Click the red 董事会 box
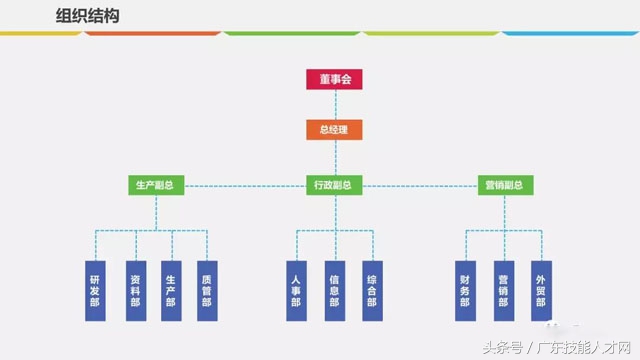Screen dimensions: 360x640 pos(334,79)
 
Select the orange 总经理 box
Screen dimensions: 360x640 pos(334,129)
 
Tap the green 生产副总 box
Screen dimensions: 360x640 pos(155,185)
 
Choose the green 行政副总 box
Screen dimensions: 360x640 pos(334,185)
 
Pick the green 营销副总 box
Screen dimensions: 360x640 pos(503,185)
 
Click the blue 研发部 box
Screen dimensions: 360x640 pos(95,291)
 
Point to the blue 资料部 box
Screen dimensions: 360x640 pos(134,291)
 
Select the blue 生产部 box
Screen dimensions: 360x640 pos(171,291)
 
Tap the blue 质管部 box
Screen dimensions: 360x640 pos(207,291)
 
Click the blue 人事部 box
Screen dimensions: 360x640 pos(296,291)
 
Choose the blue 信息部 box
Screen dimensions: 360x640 pos(334,291)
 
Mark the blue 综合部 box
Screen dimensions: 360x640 pos(370,291)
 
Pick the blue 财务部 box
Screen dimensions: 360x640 pos(465,291)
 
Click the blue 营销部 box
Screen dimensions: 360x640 pos(503,291)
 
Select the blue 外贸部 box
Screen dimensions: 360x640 pos(540,291)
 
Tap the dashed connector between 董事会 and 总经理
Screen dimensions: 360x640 pos(334,104)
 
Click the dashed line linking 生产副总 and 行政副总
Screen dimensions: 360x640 pos(244,185)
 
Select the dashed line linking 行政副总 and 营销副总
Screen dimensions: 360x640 pos(421,185)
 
